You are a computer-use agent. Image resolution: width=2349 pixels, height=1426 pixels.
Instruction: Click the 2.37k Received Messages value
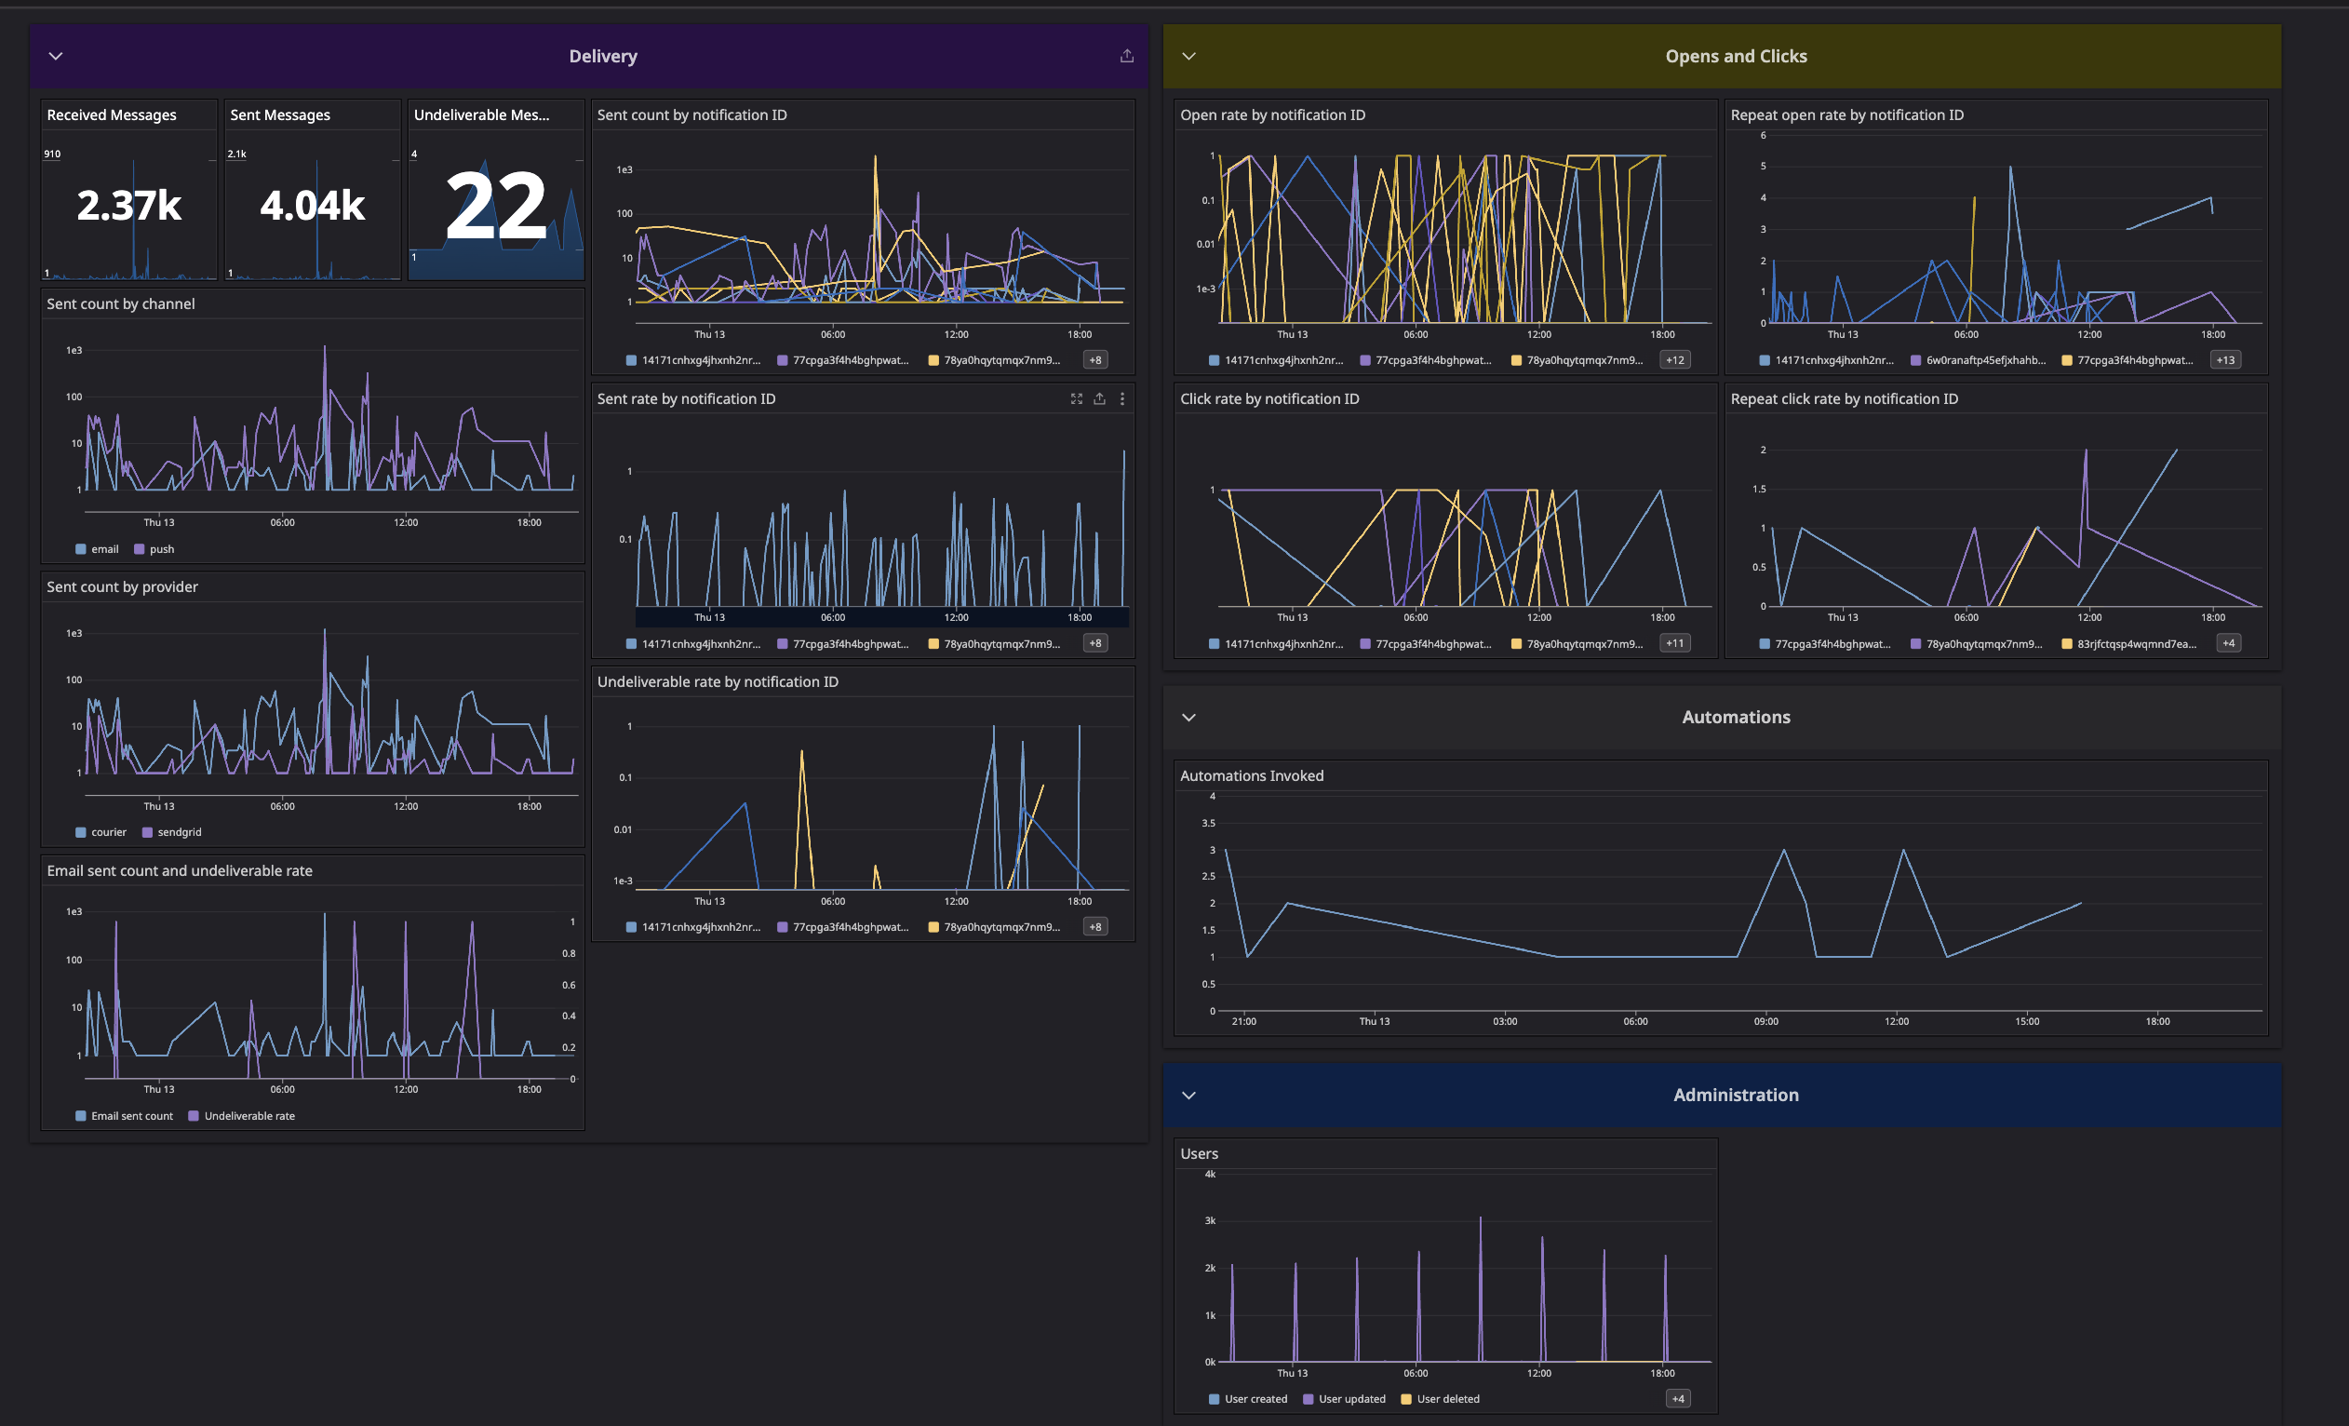(x=128, y=206)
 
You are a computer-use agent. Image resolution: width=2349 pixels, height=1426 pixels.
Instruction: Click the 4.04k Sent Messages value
(x=312, y=206)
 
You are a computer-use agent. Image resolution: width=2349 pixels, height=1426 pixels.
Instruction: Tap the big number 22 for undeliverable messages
(x=496, y=206)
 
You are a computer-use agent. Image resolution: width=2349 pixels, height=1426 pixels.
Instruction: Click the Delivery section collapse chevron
(x=55, y=56)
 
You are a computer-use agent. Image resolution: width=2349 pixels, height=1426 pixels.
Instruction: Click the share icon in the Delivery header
(x=1127, y=56)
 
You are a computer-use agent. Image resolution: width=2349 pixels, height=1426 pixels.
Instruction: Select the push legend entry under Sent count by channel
(x=161, y=549)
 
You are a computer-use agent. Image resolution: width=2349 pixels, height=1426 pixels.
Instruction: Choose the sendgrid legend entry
(x=179, y=832)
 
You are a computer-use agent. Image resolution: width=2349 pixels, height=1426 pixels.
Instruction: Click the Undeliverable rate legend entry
(x=248, y=1116)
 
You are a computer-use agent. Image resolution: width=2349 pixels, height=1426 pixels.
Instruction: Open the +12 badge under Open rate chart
(x=1675, y=360)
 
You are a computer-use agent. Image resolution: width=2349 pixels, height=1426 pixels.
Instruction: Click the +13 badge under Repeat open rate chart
(x=2225, y=360)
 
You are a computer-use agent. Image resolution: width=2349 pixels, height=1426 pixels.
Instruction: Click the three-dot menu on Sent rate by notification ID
(x=1122, y=399)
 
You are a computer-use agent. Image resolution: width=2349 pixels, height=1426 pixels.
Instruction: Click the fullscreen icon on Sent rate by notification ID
(x=1076, y=399)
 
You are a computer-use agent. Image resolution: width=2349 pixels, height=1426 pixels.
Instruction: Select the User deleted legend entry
(x=1447, y=1399)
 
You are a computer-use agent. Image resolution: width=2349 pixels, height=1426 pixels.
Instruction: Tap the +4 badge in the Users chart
(x=1678, y=1399)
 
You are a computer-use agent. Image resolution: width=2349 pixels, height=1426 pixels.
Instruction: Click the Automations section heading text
(x=1735, y=717)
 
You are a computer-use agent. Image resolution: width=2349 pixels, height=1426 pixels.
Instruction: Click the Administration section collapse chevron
(x=1188, y=1096)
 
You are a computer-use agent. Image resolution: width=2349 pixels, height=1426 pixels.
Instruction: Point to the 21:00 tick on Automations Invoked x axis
(x=1243, y=1022)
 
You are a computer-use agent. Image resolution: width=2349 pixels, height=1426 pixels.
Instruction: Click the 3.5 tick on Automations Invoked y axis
(x=1208, y=823)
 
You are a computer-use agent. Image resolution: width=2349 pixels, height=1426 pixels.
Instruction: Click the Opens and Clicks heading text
(x=1735, y=56)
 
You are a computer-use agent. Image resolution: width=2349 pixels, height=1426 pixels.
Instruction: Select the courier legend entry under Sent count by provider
(x=108, y=832)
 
